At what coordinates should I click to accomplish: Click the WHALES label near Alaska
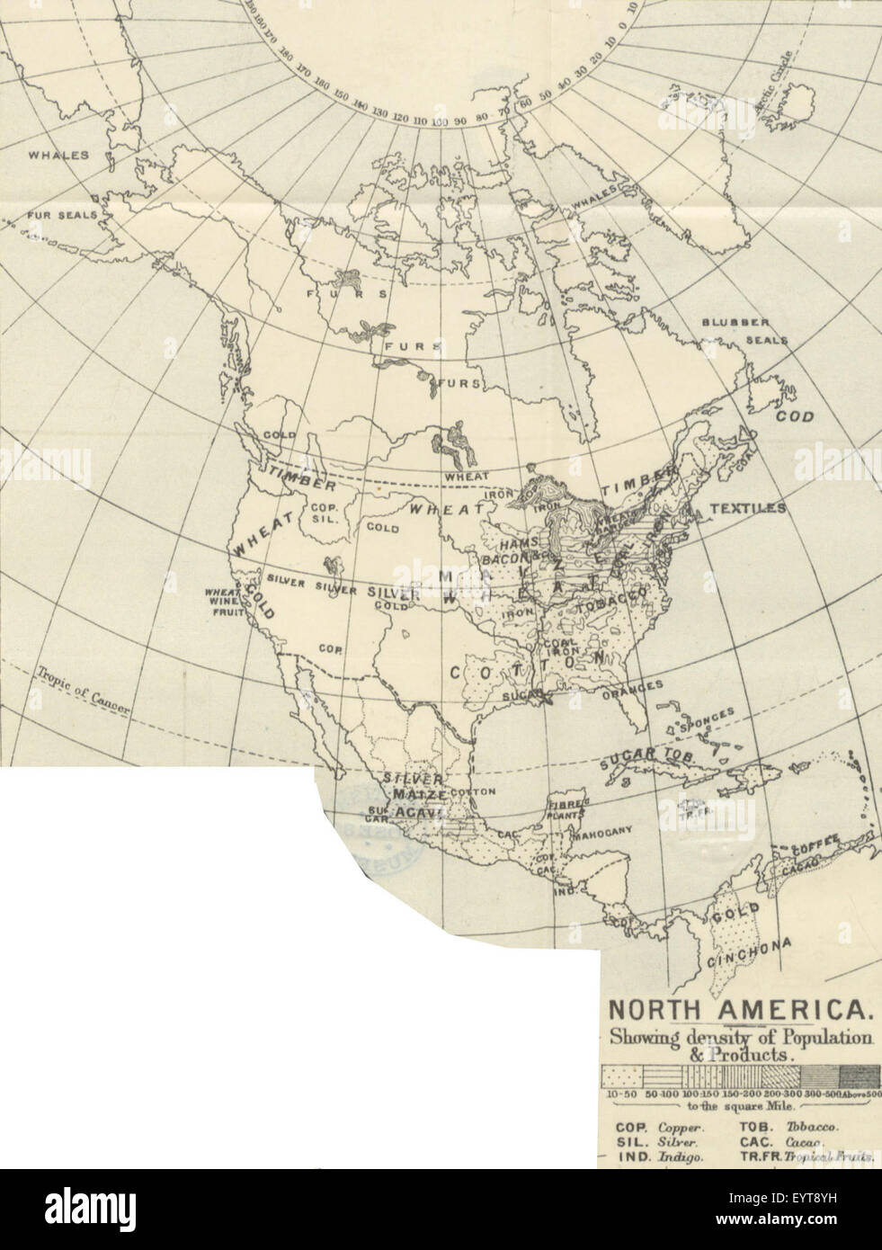[x=58, y=155]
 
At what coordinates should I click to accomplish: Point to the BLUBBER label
[x=735, y=323]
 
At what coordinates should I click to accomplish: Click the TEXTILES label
[x=747, y=508]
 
